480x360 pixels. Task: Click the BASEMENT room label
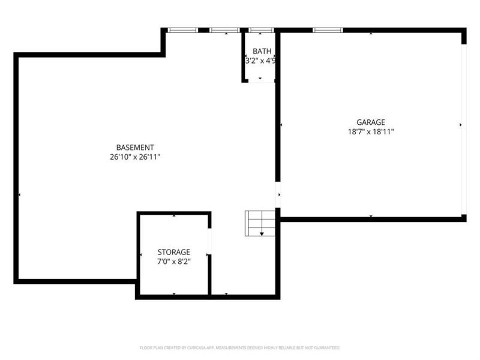[135, 148]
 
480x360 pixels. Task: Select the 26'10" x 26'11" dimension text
[135, 157]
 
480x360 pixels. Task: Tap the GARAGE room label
[370, 122]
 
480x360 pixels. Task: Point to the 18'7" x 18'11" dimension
[370, 131]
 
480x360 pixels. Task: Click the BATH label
[261, 51]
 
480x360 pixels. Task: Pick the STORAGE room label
[174, 252]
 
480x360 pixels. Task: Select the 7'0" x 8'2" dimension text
[174, 262]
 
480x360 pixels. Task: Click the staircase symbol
[259, 223]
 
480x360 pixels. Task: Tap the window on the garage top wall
[328, 29]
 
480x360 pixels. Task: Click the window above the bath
[261, 29]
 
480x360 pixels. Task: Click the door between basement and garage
[278, 196]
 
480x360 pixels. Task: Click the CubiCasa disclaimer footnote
[239, 347]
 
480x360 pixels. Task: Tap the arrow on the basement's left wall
[20, 195]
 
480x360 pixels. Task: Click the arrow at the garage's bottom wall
[371, 216]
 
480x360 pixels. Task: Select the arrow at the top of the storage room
[174, 215]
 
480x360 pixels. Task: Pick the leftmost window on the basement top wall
[182, 29]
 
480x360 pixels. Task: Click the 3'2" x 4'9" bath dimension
[260, 61]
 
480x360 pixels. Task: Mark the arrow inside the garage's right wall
[460, 125]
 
